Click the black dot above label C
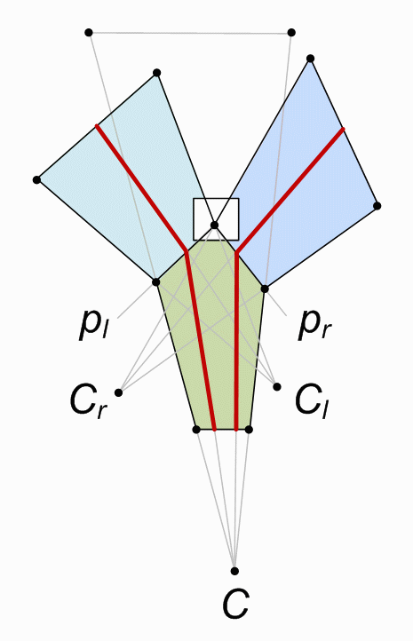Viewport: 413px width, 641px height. [234, 571]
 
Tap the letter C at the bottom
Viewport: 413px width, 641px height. [235, 604]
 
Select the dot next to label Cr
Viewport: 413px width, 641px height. [119, 392]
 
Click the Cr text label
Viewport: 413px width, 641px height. [89, 401]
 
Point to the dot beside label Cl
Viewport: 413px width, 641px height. [277, 386]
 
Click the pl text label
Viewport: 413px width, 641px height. [93, 325]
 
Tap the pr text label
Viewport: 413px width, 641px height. [314, 326]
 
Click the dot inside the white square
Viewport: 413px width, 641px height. [214, 225]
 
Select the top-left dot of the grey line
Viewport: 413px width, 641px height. [89, 32]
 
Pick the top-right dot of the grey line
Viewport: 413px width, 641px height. [291, 32]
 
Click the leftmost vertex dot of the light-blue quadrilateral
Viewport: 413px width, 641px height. [36, 179]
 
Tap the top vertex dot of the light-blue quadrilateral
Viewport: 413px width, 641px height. [156, 73]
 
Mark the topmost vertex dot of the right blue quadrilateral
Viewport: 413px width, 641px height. [310, 58]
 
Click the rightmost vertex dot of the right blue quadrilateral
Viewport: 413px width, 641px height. [377, 206]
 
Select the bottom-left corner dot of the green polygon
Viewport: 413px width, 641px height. [196, 429]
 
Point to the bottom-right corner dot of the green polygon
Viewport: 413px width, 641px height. [249, 429]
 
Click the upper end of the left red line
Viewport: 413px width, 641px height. [97, 125]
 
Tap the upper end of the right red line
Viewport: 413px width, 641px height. [343, 130]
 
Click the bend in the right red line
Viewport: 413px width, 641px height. [236, 253]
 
